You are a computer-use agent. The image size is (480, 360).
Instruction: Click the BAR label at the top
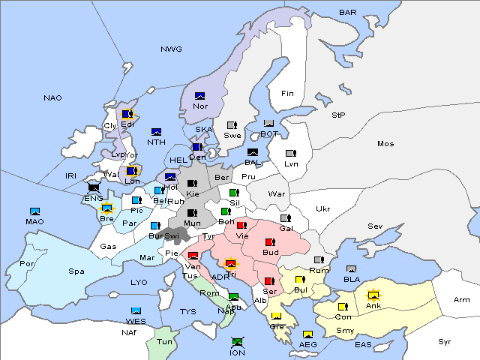(347, 13)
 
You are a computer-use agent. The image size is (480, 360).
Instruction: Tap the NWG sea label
(171, 49)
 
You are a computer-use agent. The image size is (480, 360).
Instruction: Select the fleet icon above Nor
(199, 96)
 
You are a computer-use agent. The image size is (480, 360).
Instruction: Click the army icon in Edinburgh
(127, 114)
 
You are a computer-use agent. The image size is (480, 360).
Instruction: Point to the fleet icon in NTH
(156, 132)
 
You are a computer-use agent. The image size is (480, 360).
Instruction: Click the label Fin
(287, 94)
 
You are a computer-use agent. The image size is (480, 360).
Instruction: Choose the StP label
(339, 115)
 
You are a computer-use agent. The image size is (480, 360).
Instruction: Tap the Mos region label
(385, 144)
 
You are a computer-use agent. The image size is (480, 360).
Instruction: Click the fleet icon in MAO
(34, 211)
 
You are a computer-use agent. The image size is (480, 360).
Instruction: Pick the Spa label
(76, 271)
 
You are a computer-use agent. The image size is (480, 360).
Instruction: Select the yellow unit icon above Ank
(373, 295)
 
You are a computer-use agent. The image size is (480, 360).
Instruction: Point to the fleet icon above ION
(237, 341)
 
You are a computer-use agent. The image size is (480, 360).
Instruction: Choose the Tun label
(164, 341)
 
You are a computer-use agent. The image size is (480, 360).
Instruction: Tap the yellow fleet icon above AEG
(307, 334)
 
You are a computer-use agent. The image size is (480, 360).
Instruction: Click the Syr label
(445, 341)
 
